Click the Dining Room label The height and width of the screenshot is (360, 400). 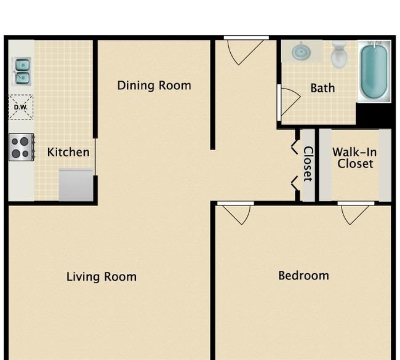pos(154,86)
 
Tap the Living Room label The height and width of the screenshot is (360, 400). pos(102,276)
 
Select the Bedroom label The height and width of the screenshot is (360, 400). pos(303,276)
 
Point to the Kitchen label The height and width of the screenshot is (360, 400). pos(68,153)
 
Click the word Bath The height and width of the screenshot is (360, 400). pos(322,88)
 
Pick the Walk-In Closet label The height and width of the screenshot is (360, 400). pos(355,158)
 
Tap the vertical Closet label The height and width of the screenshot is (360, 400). pos(308,164)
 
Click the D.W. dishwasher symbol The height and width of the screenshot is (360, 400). pos(21,107)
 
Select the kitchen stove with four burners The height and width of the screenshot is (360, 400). pos(22,147)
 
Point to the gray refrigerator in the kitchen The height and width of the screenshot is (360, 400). pos(76,185)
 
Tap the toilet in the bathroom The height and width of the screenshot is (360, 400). pos(339,54)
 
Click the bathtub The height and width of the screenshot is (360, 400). pos(374,71)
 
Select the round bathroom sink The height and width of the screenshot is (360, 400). pos(301,52)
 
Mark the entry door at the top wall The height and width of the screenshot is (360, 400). pos(246,50)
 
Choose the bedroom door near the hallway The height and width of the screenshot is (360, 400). pos(236,213)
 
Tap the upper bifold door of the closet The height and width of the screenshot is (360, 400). pos(295,147)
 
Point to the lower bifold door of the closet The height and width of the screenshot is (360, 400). pos(295,183)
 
